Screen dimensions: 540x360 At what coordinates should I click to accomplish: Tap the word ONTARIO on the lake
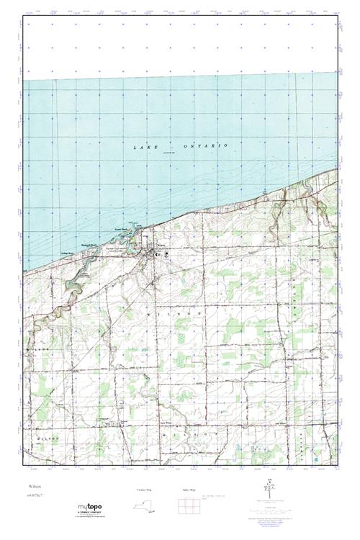tap(208, 145)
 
